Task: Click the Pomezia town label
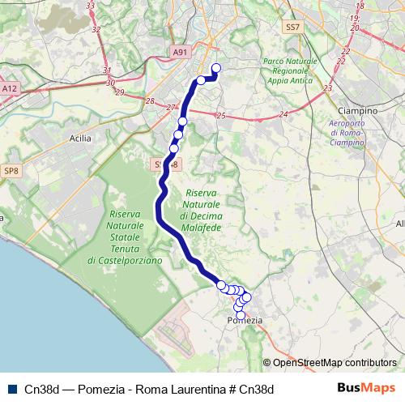246,321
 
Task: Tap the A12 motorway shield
10,88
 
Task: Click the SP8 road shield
11,171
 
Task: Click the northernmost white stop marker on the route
216,68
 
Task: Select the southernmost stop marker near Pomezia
240,315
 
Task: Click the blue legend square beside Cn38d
11,389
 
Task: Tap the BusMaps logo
366,388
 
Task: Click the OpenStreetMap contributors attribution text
330,363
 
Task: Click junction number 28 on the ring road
149,100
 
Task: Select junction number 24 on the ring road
283,115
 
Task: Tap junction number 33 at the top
90,6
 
